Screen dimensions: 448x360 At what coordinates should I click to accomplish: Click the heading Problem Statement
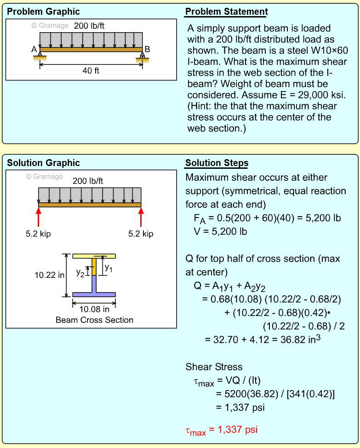point(226,12)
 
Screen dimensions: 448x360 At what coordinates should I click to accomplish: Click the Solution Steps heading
point(217,163)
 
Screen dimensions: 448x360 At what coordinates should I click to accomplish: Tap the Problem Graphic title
point(43,12)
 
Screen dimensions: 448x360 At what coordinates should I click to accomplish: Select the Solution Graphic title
point(43,163)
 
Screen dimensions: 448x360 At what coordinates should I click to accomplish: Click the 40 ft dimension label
point(91,71)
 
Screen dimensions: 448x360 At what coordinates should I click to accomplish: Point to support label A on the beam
point(34,49)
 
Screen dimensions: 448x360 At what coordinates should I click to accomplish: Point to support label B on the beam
point(147,49)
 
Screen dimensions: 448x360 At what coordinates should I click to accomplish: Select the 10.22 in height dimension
point(50,276)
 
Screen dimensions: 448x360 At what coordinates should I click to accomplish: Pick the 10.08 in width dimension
point(94,309)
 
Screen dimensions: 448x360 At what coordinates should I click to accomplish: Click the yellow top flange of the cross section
point(94,256)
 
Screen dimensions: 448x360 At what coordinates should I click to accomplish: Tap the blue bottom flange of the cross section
point(94,294)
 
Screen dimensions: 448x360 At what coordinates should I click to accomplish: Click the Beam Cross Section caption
point(94,320)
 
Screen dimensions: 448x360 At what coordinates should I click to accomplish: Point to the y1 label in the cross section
point(108,267)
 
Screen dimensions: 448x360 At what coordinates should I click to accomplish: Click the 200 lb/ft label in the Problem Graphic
point(89,26)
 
